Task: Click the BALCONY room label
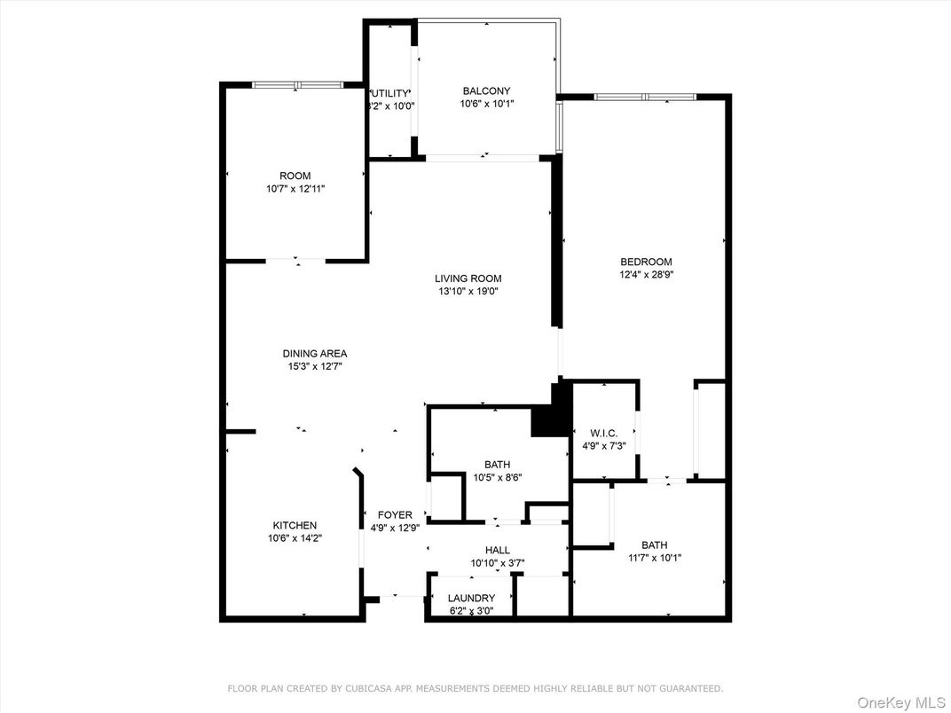click(x=486, y=90)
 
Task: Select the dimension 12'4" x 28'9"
click(x=645, y=275)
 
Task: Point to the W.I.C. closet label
click(x=604, y=433)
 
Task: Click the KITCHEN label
click(x=294, y=525)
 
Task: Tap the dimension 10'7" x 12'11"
click(x=295, y=189)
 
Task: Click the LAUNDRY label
click(x=471, y=598)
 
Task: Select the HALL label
click(x=497, y=550)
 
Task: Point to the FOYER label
click(x=395, y=514)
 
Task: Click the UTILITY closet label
click(x=390, y=93)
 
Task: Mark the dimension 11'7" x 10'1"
click(x=655, y=558)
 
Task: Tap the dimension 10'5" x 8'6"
click(x=497, y=477)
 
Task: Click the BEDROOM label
click(x=646, y=262)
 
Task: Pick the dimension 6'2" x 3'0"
click(x=471, y=610)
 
